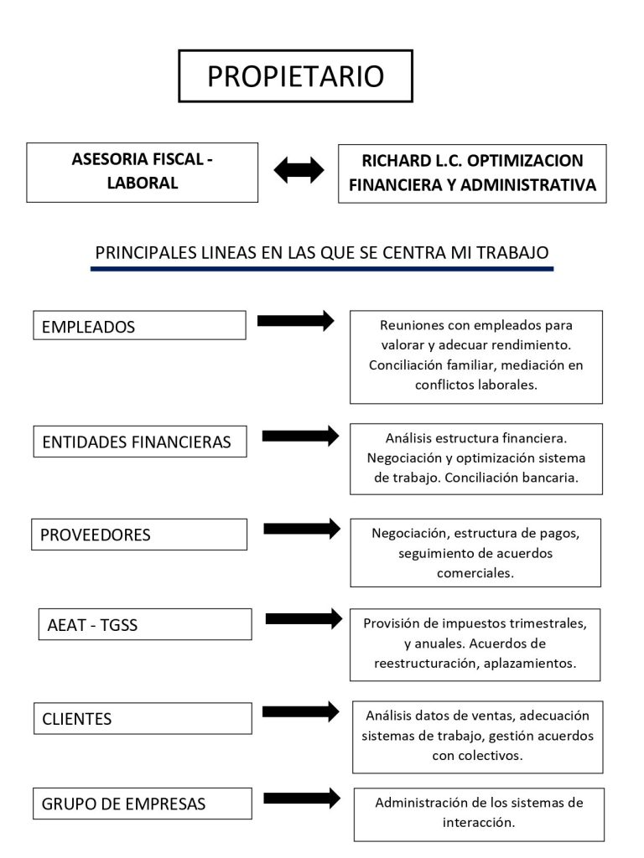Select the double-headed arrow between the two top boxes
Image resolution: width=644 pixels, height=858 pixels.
click(x=299, y=169)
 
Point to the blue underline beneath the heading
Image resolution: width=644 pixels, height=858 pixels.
click(x=322, y=269)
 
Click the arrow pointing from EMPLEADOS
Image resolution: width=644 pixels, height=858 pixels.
click(x=296, y=321)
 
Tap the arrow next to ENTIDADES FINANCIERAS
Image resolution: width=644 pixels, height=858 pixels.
click(x=301, y=436)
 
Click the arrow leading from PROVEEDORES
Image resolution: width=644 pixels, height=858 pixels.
click(x=302, y=529)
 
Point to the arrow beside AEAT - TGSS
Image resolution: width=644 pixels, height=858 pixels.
click(x=304, y=619)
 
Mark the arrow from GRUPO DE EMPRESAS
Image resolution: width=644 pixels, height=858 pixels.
click(x=302, y=799)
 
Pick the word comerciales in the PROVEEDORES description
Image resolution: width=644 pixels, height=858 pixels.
click(x=475, y=573)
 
